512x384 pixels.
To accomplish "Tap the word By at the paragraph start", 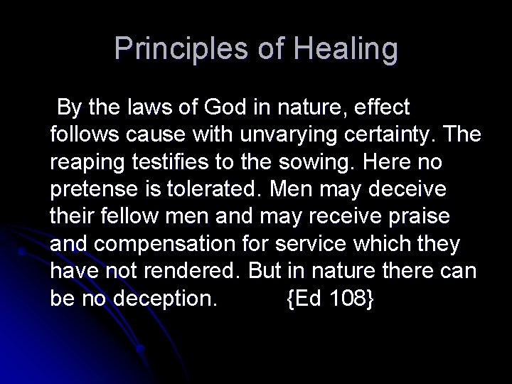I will coord(68,108).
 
